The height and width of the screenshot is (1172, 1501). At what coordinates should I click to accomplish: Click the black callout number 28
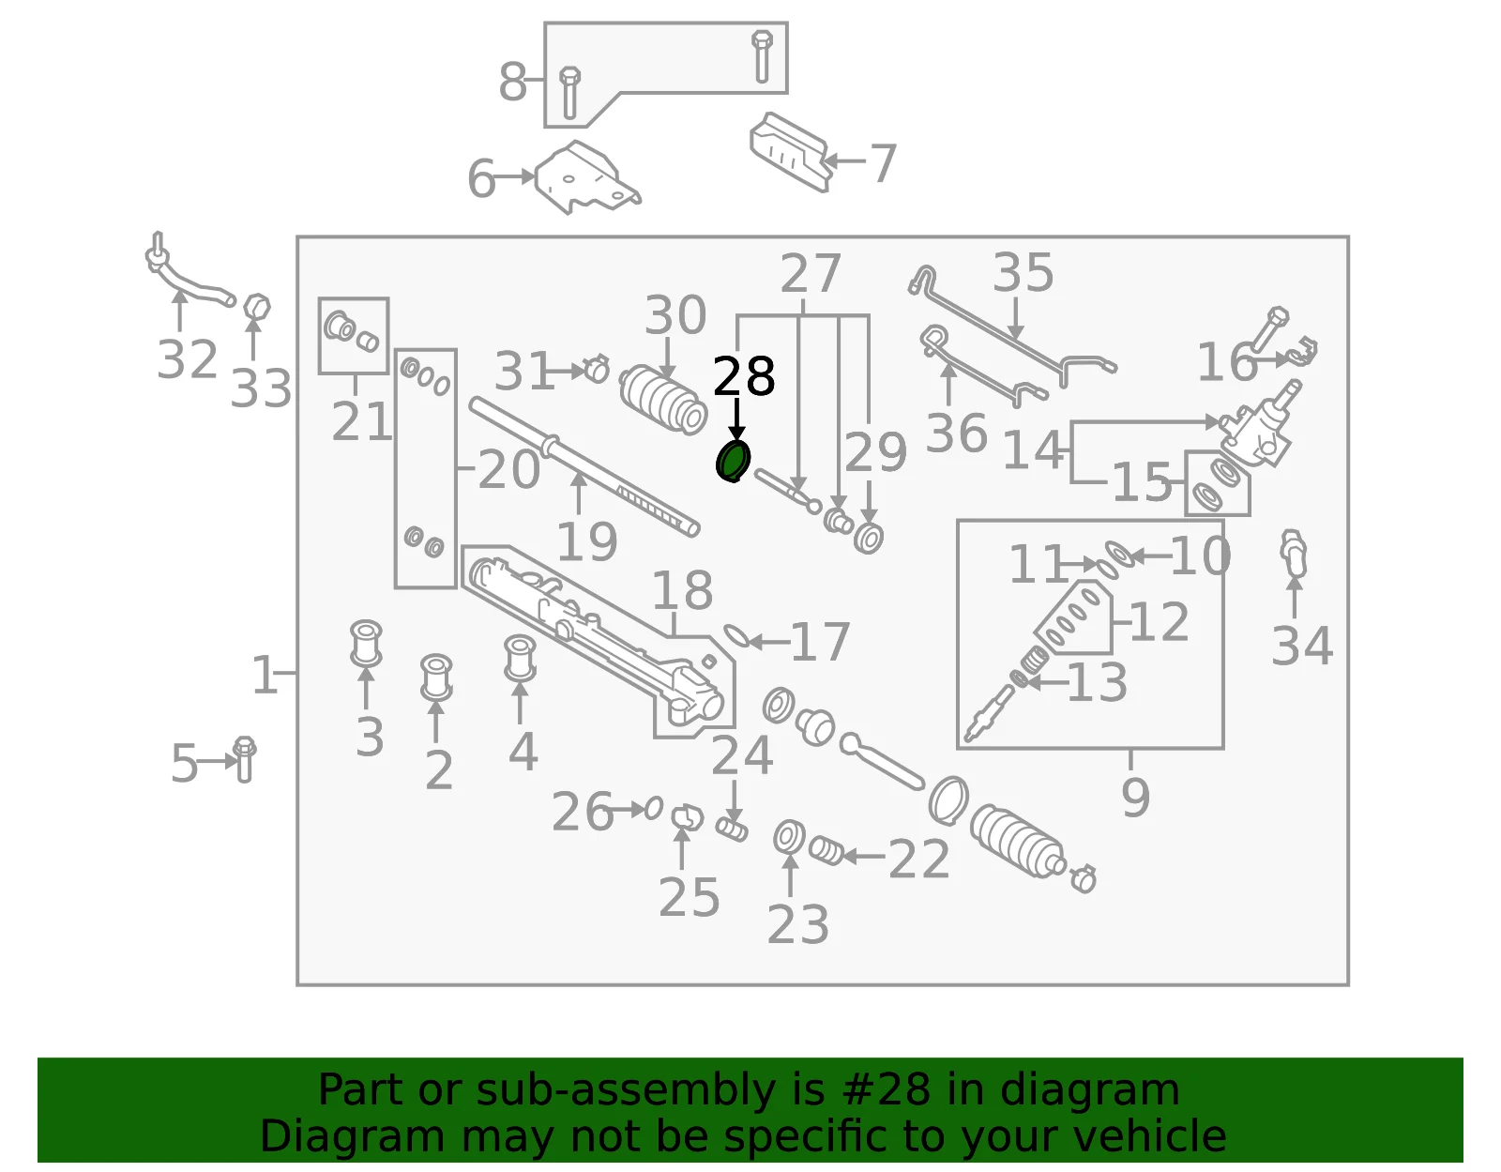[743, 377]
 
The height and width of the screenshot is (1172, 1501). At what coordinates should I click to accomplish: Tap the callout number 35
[1023, 272]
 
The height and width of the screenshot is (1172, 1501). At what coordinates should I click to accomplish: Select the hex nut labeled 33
[257, 307]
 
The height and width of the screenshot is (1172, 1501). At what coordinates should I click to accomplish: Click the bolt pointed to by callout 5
[245, 759]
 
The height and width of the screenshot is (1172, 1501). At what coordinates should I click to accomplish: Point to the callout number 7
[883, 163]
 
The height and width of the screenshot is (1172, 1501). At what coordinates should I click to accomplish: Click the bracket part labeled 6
[585, 178]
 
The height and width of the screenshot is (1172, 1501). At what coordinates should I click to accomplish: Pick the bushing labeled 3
[366, 643]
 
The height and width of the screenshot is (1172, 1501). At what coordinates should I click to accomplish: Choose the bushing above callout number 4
[520, 658]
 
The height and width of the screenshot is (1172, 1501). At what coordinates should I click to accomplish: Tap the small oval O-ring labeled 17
[735, 636]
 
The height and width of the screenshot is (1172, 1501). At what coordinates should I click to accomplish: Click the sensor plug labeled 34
[1293, 553]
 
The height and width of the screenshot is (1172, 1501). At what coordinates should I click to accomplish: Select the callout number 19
[586, 542]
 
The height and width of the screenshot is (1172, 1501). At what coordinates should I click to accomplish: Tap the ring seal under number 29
[869, 538]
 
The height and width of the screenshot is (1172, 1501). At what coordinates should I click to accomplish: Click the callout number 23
[797, 924]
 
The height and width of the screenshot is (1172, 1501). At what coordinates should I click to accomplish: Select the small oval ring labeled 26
[654, 807]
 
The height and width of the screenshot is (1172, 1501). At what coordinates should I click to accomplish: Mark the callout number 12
[1160, 621]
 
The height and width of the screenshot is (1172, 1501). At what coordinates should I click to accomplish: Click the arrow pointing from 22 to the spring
[864, 857]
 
